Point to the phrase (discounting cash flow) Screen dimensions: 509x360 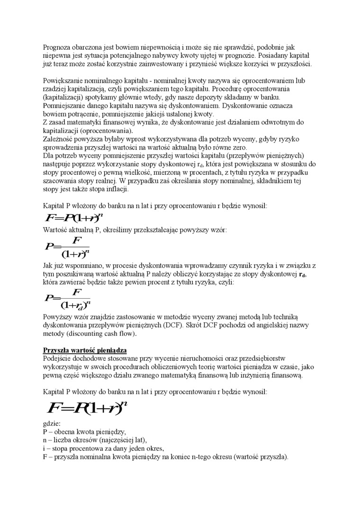(x=100, y=334)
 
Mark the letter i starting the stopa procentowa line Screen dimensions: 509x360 (x=44, y=449)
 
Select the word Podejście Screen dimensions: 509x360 (x=58, y=358)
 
